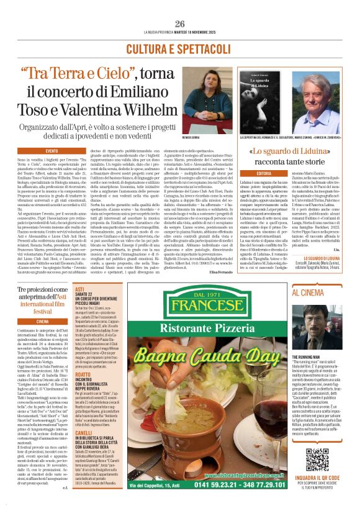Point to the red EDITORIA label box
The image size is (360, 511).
[x=264, y=173]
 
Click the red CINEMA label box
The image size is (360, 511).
[x=43, y=322]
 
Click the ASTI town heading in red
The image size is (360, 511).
[x=79, y=289]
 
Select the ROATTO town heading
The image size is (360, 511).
[x=83, y=375]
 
